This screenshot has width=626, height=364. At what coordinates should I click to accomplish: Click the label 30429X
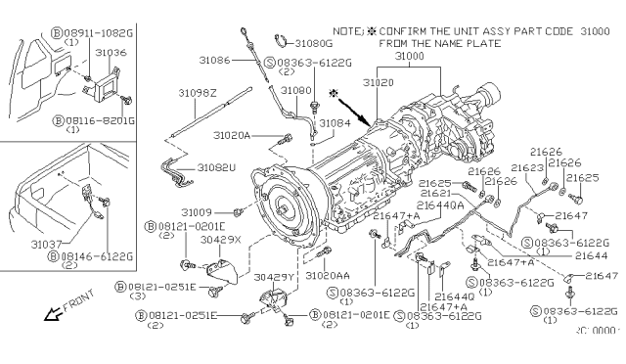pyautogui.click(x=221, y=240)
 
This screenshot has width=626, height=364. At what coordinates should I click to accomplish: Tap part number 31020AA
pyautogui.click(x=327, y=277)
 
